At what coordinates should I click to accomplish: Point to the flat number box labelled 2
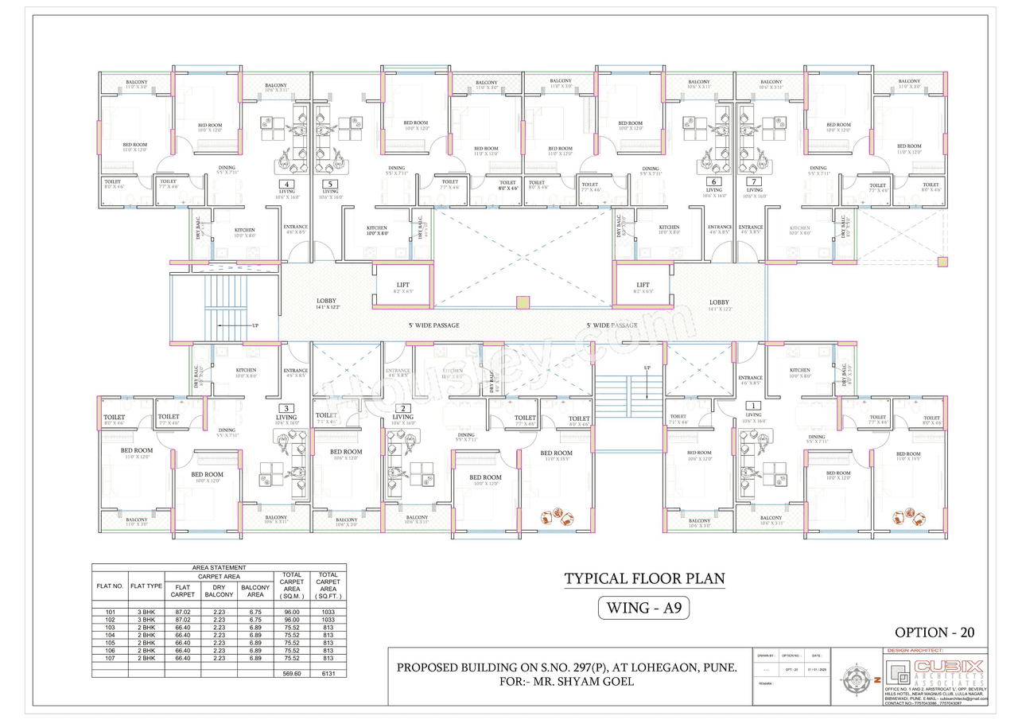(403, 408)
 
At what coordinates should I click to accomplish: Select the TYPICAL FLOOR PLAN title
(644, 578)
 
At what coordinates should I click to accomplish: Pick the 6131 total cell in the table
(327, 672)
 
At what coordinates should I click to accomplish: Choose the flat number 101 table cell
(110, 612)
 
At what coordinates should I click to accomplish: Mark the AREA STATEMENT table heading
(219, 567)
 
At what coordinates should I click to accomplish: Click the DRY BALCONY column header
(219, 590)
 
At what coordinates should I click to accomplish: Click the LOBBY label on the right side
(719, 302)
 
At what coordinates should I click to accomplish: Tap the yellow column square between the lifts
(523, 302)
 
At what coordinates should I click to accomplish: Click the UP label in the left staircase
(254, 325)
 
